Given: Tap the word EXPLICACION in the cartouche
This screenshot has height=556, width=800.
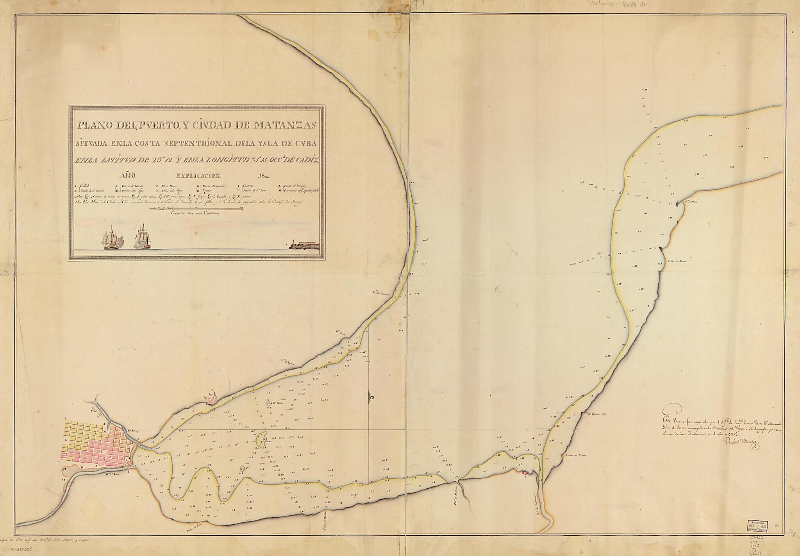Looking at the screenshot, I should pos(199,176).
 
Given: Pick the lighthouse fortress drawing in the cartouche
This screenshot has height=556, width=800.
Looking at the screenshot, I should pos(305,245).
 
